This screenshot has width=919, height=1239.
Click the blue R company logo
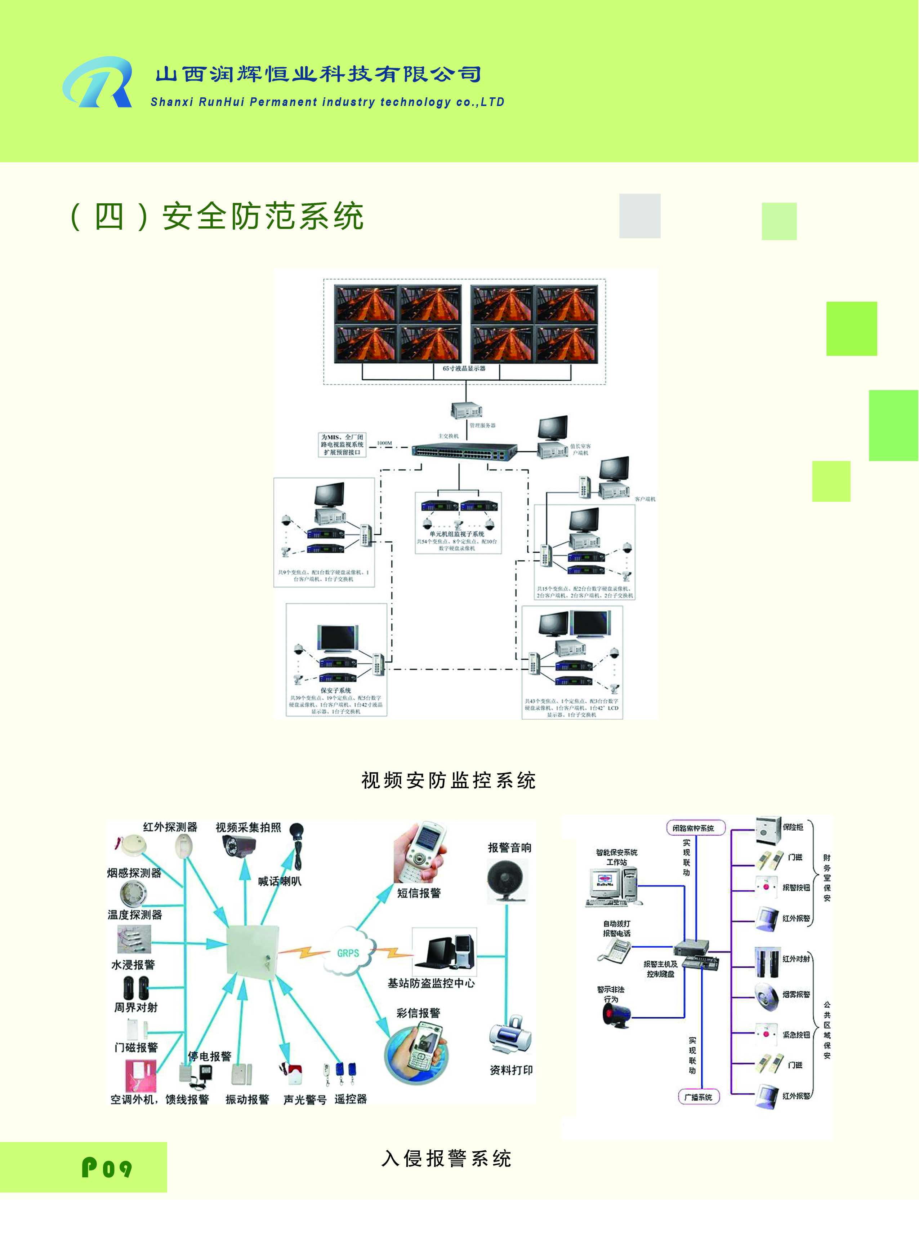tap(98, 83)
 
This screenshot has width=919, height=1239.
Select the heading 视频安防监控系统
tap(449, 780)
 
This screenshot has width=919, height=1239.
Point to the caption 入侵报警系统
tap(446, 1158)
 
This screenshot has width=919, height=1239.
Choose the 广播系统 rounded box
tap(698, 1097)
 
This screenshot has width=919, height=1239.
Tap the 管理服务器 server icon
tap(465, 411)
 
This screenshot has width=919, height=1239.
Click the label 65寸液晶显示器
tap(464, 368)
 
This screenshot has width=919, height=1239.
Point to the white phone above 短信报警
tap(421, 851)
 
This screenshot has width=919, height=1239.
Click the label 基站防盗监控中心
tap(431, 983)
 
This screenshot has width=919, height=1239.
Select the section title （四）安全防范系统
tap(217, 216)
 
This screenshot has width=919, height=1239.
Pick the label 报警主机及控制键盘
tap(660, 969)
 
